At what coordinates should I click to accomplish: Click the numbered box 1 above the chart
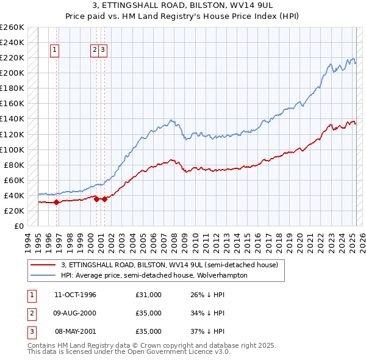55,51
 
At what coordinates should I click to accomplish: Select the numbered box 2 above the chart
95,51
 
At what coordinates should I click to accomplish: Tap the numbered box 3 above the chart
103,51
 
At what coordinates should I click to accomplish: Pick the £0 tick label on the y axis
18,226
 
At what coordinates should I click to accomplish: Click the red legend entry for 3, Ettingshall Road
170,265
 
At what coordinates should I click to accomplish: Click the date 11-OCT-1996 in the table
75,295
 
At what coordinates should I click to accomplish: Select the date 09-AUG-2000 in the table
75,313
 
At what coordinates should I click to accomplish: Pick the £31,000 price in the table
149,295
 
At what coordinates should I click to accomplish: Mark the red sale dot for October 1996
56,202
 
